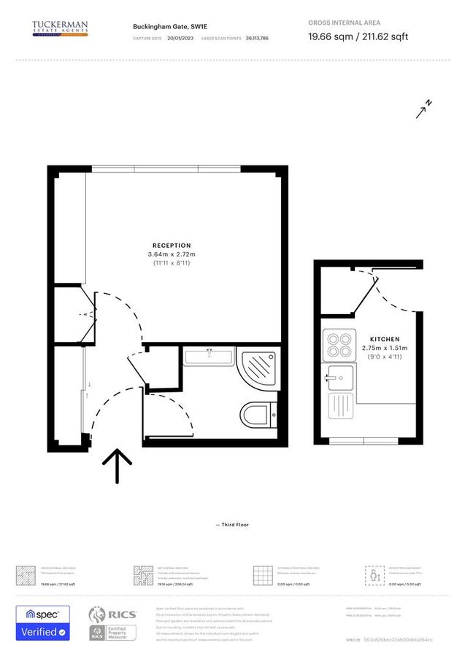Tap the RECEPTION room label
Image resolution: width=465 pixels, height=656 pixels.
(x=172, y=246)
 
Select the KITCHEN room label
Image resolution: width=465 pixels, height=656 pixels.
(x=384, y=340)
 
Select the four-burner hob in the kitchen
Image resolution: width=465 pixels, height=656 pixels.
(x=339, y=345)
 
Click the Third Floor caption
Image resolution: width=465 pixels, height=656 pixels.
(x=232, y=524)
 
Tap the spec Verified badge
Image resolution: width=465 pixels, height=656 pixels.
(x=43, y=623)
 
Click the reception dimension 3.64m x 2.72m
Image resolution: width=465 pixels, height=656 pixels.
(x=172, y=254)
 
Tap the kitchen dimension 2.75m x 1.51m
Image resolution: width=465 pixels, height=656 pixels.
(x=384, y=348)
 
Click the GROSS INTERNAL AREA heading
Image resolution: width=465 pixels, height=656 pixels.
(x=345, y=23)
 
